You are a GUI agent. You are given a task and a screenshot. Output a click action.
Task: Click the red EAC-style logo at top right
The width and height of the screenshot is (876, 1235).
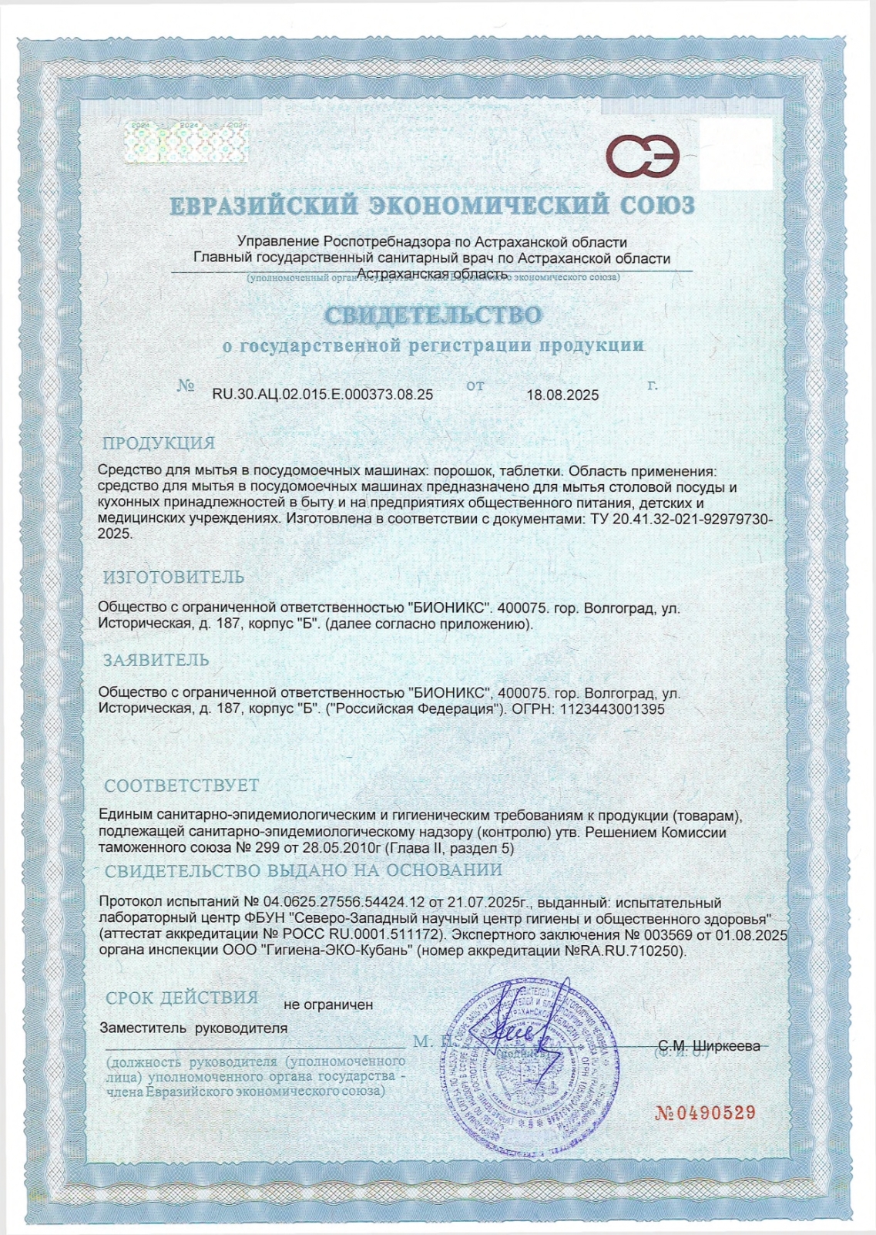pos(643,156)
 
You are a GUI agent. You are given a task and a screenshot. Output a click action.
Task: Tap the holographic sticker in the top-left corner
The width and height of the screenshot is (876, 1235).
pos(186,142)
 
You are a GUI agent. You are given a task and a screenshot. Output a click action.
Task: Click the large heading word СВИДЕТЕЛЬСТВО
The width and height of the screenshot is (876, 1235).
pos(432,315)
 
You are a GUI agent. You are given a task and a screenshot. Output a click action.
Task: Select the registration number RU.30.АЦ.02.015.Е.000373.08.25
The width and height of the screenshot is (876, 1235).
pos(322,395)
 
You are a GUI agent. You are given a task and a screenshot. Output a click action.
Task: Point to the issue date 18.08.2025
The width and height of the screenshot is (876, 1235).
pos(562,395)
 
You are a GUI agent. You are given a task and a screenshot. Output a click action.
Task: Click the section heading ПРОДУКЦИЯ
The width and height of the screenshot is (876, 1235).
pos(159,443)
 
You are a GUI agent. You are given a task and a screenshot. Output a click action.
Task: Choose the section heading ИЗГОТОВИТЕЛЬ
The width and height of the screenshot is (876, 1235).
pos(174,577)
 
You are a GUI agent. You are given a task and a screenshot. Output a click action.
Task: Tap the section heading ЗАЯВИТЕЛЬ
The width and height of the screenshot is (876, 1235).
pos(156,661)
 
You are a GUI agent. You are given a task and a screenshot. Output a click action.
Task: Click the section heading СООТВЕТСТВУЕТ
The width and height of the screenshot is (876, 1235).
pos(182,786)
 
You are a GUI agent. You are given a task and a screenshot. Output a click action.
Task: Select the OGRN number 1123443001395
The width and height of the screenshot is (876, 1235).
pos(612,709)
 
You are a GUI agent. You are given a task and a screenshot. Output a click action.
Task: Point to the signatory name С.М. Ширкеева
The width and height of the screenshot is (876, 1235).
pos(709,1046)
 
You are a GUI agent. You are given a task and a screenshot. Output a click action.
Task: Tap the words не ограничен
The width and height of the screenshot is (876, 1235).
pos(328,1005)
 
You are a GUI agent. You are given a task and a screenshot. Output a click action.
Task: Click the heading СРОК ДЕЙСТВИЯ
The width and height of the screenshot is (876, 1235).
pos(182,998)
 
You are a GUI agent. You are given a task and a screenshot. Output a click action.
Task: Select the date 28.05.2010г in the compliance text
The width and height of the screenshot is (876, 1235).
pos(338,848)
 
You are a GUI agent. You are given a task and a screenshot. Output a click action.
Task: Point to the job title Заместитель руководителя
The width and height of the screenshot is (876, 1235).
pos(193,1028)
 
